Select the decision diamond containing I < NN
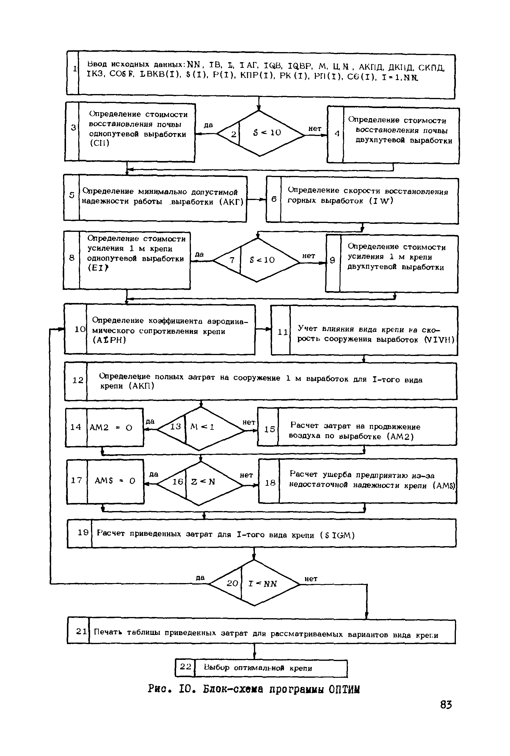click(x=254, y=583)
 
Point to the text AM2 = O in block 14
click(x=111, y=427)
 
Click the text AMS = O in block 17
click(x=115, y=481)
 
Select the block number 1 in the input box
click(x=75, y=69)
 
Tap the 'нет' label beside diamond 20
click(x=311, y=578)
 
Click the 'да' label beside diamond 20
click(x=200, y=577)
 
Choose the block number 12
click(x=78, y=380)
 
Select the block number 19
click(x=83, y=532)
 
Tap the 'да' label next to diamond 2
click(x=208, y=125)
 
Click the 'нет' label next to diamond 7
click(x=308, y=256)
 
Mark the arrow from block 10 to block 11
click(x=263, y=329)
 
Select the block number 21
click(x=81, y=631)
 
